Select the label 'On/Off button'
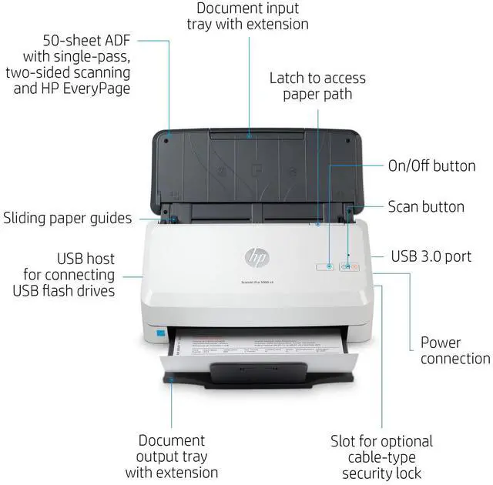coord(431,166)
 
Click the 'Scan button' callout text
coord(426,207)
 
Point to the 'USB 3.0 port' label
coord(431,256)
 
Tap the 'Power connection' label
coord(455,350)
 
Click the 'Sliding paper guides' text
coord(68,218)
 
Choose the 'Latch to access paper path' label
coord(317,85)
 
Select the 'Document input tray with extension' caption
coord(247,16)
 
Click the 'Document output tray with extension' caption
coord(171,456)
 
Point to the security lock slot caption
coord(382,457)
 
